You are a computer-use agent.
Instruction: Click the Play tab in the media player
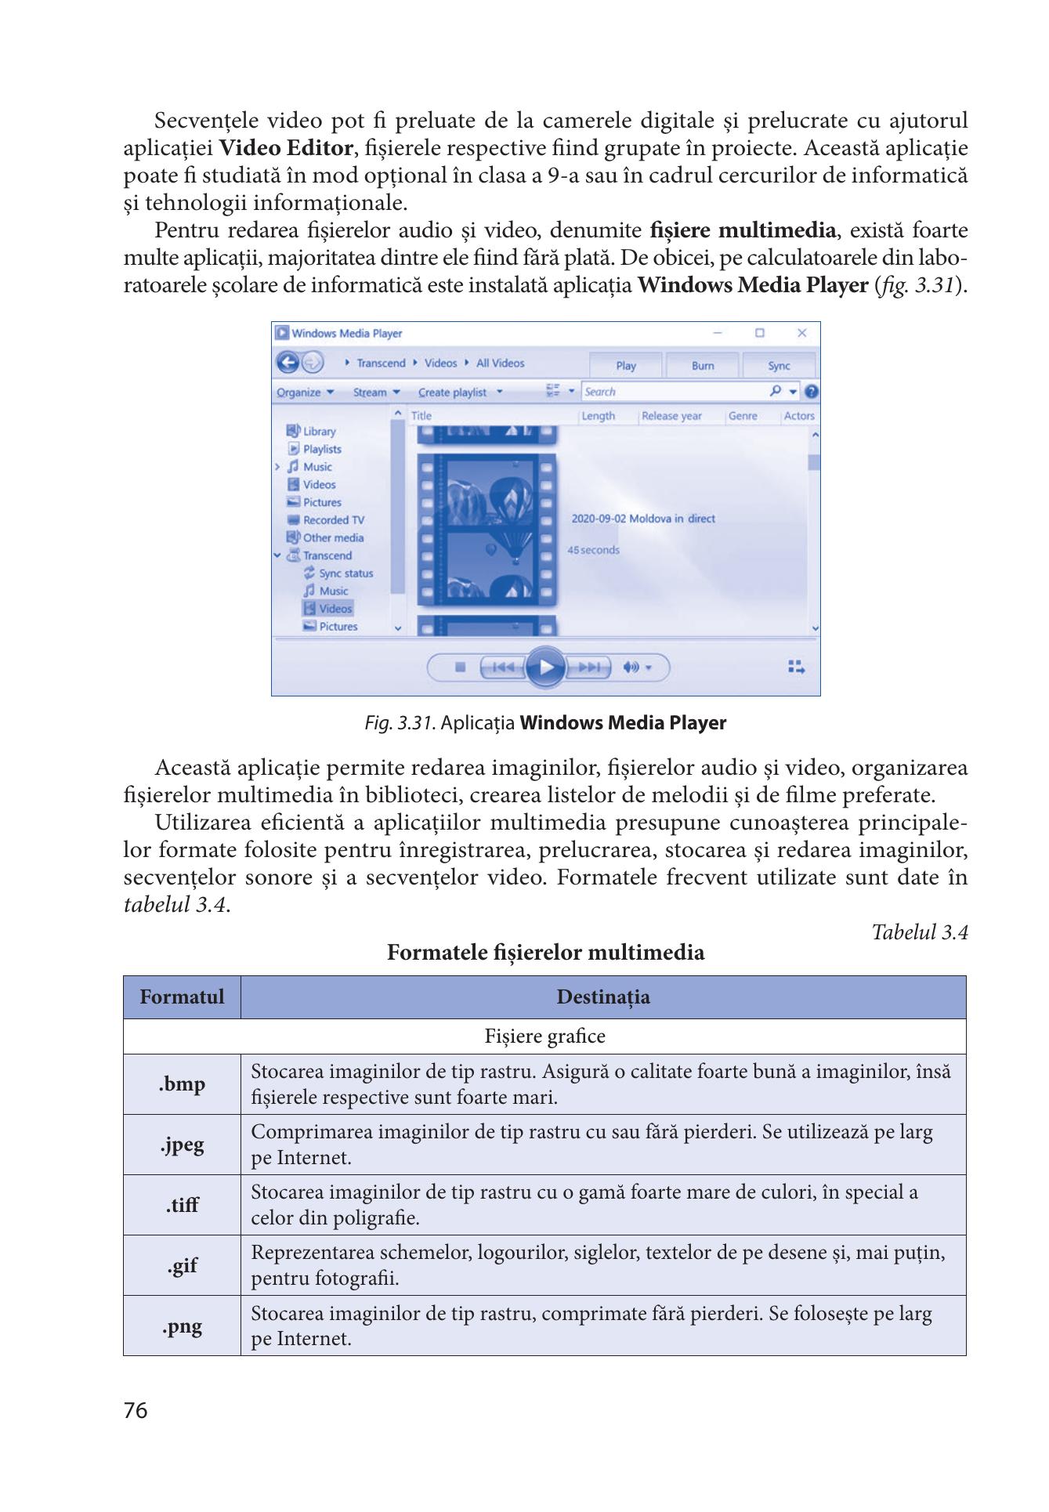pyautogui.click(x=625, y=366)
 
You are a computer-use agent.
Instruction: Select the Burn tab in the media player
pyautogui.click(x=703, y=366)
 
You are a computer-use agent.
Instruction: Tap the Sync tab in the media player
pyautogui.click(x=779, y=366)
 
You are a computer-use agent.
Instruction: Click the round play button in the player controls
pyautogui.click(x=545, y=667)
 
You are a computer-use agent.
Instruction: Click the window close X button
pyautogui.click(x=801, y=333)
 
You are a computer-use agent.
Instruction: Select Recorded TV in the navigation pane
pyautogui.click(x=333, y=520)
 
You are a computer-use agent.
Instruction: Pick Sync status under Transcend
pyautogui.click(x=345, y=573)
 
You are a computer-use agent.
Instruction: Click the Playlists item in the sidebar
pyautogui.click(x=321, y=449)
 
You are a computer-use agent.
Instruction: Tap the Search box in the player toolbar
pyautogui.click(x=674, y=392)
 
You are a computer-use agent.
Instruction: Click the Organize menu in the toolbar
pyautogui.click(x=305, y=392)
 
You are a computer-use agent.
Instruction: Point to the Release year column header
pyautogui.click(x=671, y=416)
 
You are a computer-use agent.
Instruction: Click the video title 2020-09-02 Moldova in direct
pyautogui.click(x=642, y=519)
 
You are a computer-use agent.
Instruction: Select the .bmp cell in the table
pyautogui.click(x=182, y=1084)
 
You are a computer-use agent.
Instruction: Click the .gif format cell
pyautogui.click(x=182, y=1265)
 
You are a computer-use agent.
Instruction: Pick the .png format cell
pyautogui.click(x=182, y=1326)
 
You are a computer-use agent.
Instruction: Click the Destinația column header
pyautogui.click(x=602, y=997)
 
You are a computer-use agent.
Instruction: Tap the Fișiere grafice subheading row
pyautogui.click(x=544, y=1036)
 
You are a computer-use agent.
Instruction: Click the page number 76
pyautogui.click(x=136, y=1411)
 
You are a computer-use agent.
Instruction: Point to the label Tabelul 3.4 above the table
pyautogui.click(x=920, y=932)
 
